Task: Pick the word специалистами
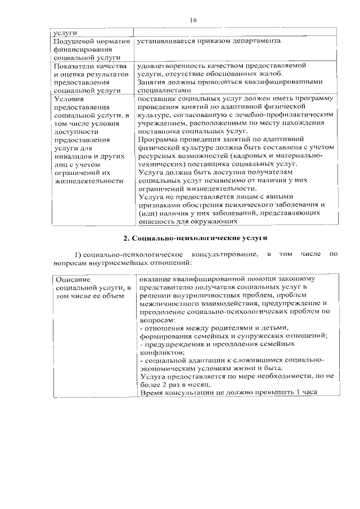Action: tap(164, 89)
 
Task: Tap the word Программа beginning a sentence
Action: tap(160, 137)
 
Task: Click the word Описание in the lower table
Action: tap(72, 279)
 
